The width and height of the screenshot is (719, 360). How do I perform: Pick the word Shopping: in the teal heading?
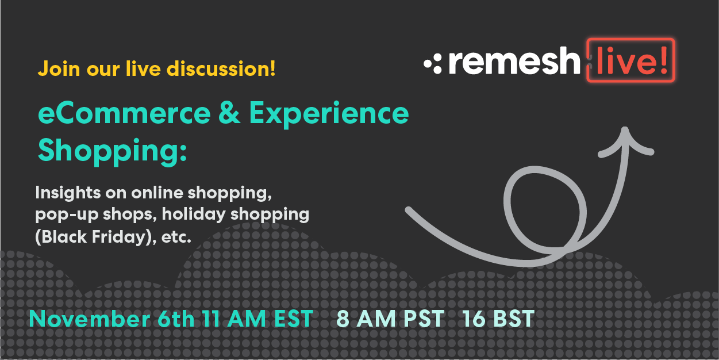[x=112, y=151]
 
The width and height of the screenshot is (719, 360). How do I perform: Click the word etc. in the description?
[x=176, y=236]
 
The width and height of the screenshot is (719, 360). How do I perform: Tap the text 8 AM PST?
[x=391, y=319]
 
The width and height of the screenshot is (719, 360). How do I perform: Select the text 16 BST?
[x=498, y=319]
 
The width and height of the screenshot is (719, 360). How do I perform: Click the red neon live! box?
[x=630, y=60]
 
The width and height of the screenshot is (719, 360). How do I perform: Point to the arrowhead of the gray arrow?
[x=625, y=138]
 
